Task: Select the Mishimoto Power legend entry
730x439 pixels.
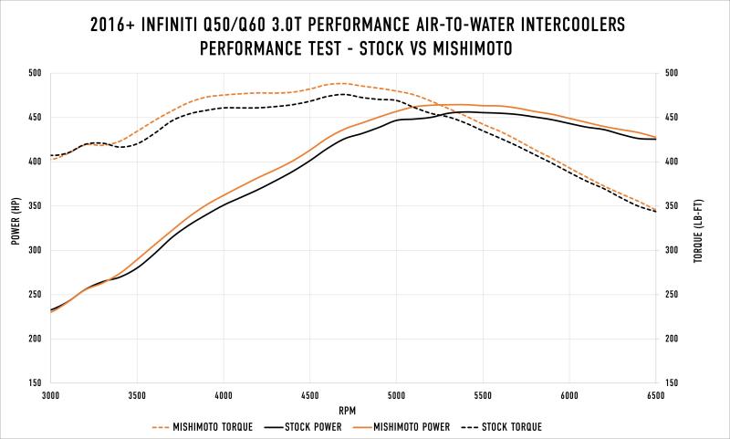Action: point(425,426)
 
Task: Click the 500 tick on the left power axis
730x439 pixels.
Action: point(34,73)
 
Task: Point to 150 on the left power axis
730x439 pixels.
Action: point(34,383)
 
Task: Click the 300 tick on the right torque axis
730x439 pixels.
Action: point(673,250)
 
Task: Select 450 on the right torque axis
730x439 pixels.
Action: point(673,118)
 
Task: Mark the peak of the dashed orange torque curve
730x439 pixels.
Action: point(339,83)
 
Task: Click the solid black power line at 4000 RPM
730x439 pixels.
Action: point(224,204)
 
